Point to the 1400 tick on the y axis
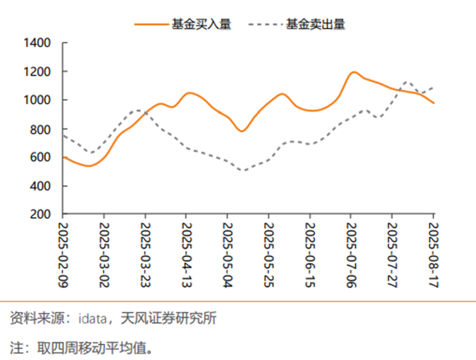(x=37, y=43)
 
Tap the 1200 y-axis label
(x=37, y=72)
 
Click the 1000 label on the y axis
(x=37, y=100)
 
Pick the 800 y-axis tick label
(x=41, y=129)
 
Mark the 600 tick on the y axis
(x=41, y=157)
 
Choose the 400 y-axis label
(x=41, y=186)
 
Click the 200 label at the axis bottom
(x=41, y=214)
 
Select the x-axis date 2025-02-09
(x=64, y=255)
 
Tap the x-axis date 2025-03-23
(x=146, y=255)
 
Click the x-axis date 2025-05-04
(x=228, y=255)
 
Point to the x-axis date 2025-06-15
(x=310, y=255)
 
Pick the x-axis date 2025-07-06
(x=351, y=255)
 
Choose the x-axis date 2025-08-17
(x=433, y=255)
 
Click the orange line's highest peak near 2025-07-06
(x=354, y=72)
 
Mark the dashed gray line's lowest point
(x=243, y=170)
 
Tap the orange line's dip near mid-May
(x=242, y=131)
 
